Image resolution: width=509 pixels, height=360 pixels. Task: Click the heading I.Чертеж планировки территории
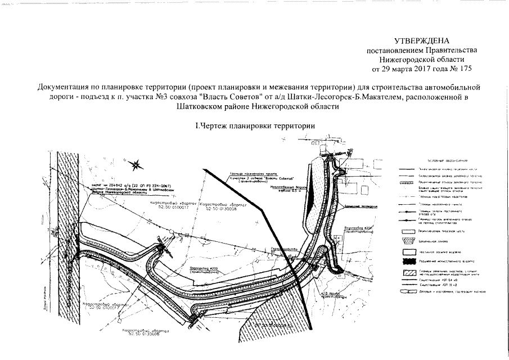(254, 125)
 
